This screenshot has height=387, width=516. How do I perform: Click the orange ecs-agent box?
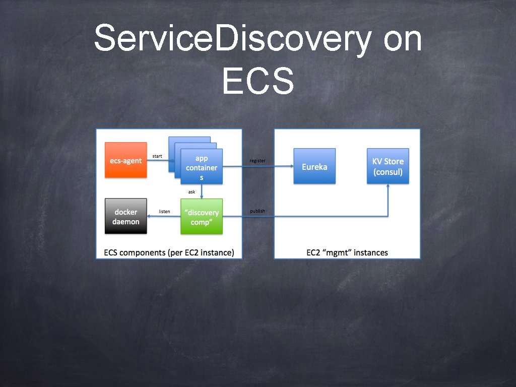(126, 160)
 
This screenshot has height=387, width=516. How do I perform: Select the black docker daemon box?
(126, 217)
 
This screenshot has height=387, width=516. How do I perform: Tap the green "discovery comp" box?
(202, 217)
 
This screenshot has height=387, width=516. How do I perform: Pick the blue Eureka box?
(314, 166)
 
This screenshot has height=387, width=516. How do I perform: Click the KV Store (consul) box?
(388, 166)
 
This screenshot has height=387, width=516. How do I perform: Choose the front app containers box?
(202, 167)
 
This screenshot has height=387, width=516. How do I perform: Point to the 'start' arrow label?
(157, 156)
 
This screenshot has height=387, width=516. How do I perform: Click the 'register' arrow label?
(257, 161)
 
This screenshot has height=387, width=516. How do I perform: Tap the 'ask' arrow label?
(191, 192)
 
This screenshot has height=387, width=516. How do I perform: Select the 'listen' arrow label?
(164, 212)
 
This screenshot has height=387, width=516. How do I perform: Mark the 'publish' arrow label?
(257, 211)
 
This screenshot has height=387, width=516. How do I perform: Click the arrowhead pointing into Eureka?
(291, 166)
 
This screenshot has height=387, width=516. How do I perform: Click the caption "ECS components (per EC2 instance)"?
(169, 252)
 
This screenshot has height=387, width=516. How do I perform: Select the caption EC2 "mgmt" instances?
(347, 252)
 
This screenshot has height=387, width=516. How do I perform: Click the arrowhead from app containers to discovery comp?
(202, 196)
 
